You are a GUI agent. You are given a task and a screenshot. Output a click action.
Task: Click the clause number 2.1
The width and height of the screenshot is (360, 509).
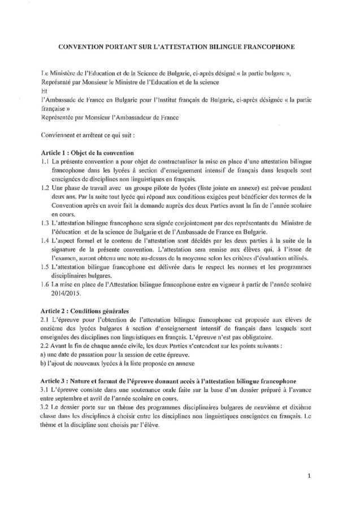46,320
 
